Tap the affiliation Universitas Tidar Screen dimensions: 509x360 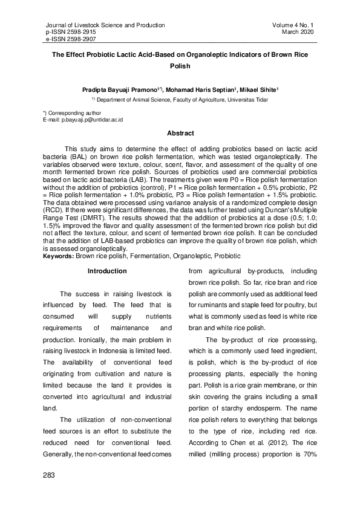click(x=249, y=99)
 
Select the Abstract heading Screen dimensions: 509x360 click(x=180, y=133)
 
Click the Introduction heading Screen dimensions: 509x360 click(x=107, y=271)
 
